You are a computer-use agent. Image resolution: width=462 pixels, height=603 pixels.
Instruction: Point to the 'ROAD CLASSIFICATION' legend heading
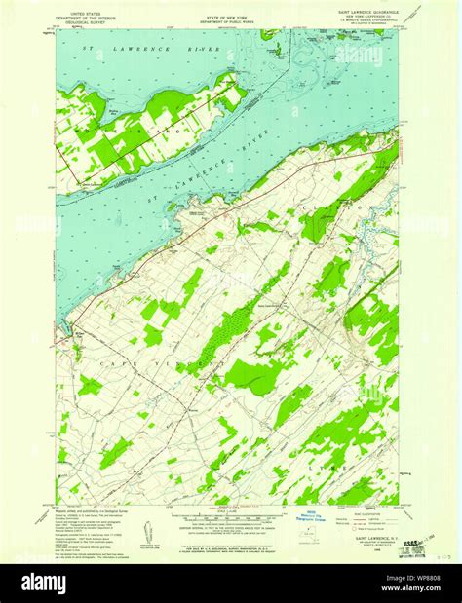click(x=366, y=510)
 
